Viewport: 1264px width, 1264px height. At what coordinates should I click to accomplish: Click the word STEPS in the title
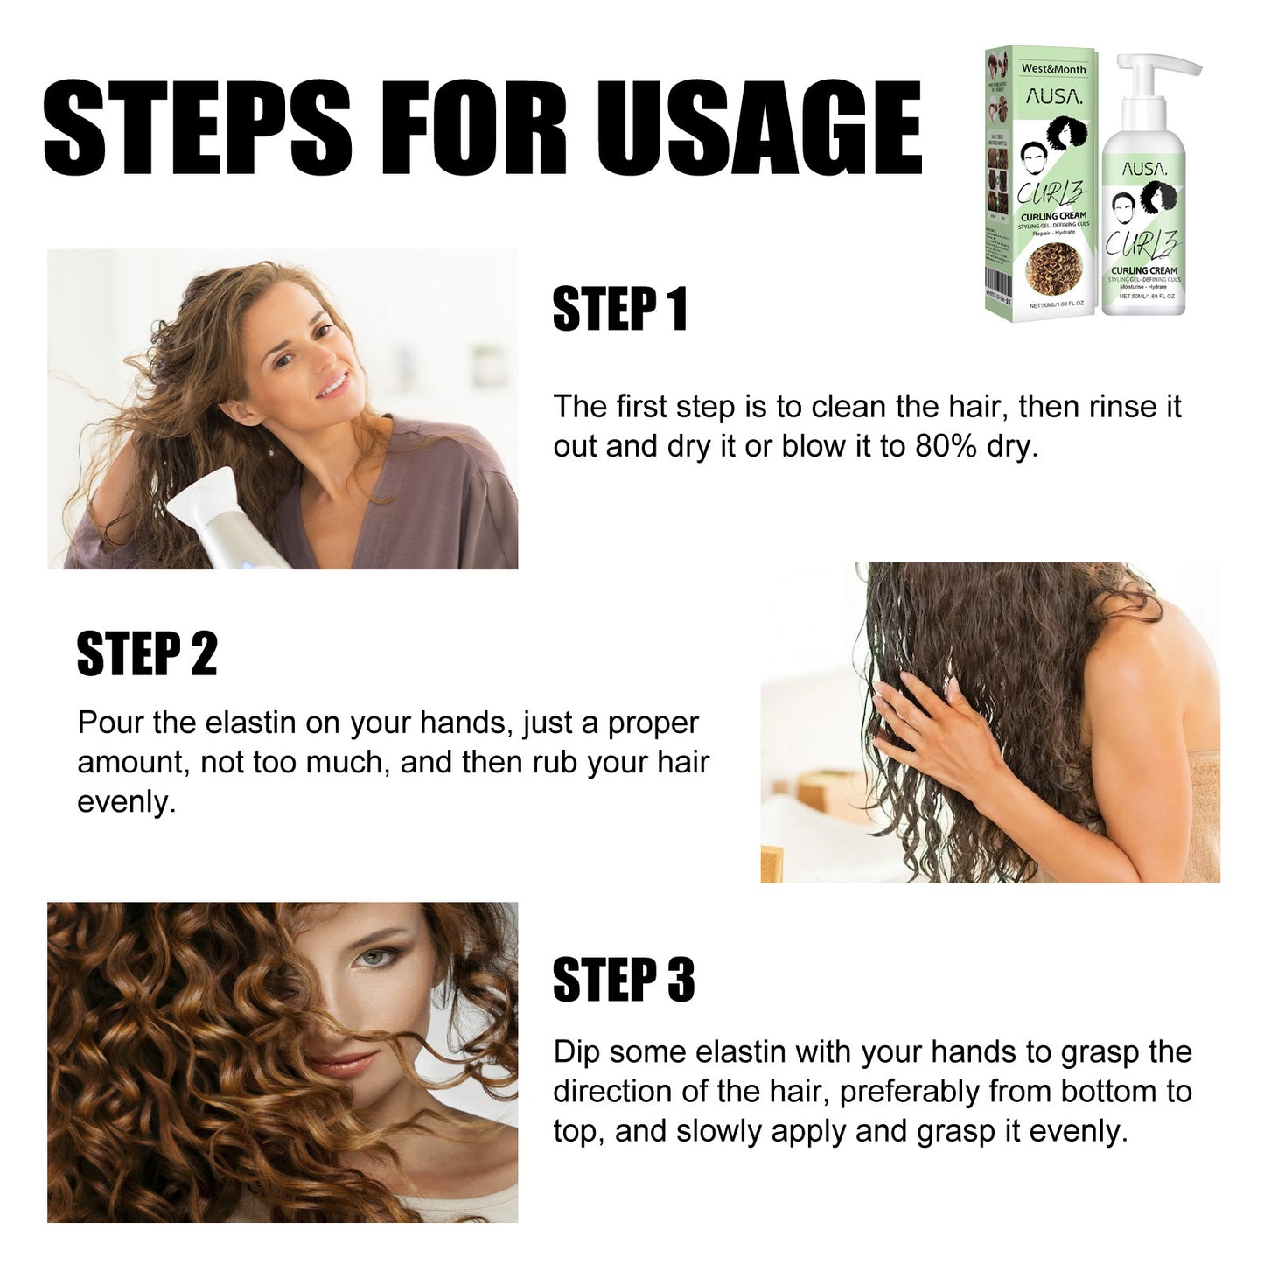click(x=197, y=128)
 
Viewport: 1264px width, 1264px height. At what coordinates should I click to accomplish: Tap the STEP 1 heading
click(x=619, y=309)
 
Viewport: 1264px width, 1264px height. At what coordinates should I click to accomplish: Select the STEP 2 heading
click(x=146, y=653)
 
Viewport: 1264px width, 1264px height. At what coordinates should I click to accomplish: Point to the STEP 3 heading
click(x=623, y=980)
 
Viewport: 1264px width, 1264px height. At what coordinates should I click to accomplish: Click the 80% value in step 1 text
click(x=946, y=446)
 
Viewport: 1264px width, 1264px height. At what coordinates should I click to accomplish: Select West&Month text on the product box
click(x=1053, y=68)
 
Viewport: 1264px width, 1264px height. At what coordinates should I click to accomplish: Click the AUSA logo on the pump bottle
click(x=1144, y=169)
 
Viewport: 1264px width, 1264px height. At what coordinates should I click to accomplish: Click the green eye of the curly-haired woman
click(x=374, y=960)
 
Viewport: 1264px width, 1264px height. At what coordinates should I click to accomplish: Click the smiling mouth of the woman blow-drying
click(x=332, y=385)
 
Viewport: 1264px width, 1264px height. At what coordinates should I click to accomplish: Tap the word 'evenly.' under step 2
click(x=126, y=802)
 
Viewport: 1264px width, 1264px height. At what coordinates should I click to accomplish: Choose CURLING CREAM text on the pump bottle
click(x=1144, y=270)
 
